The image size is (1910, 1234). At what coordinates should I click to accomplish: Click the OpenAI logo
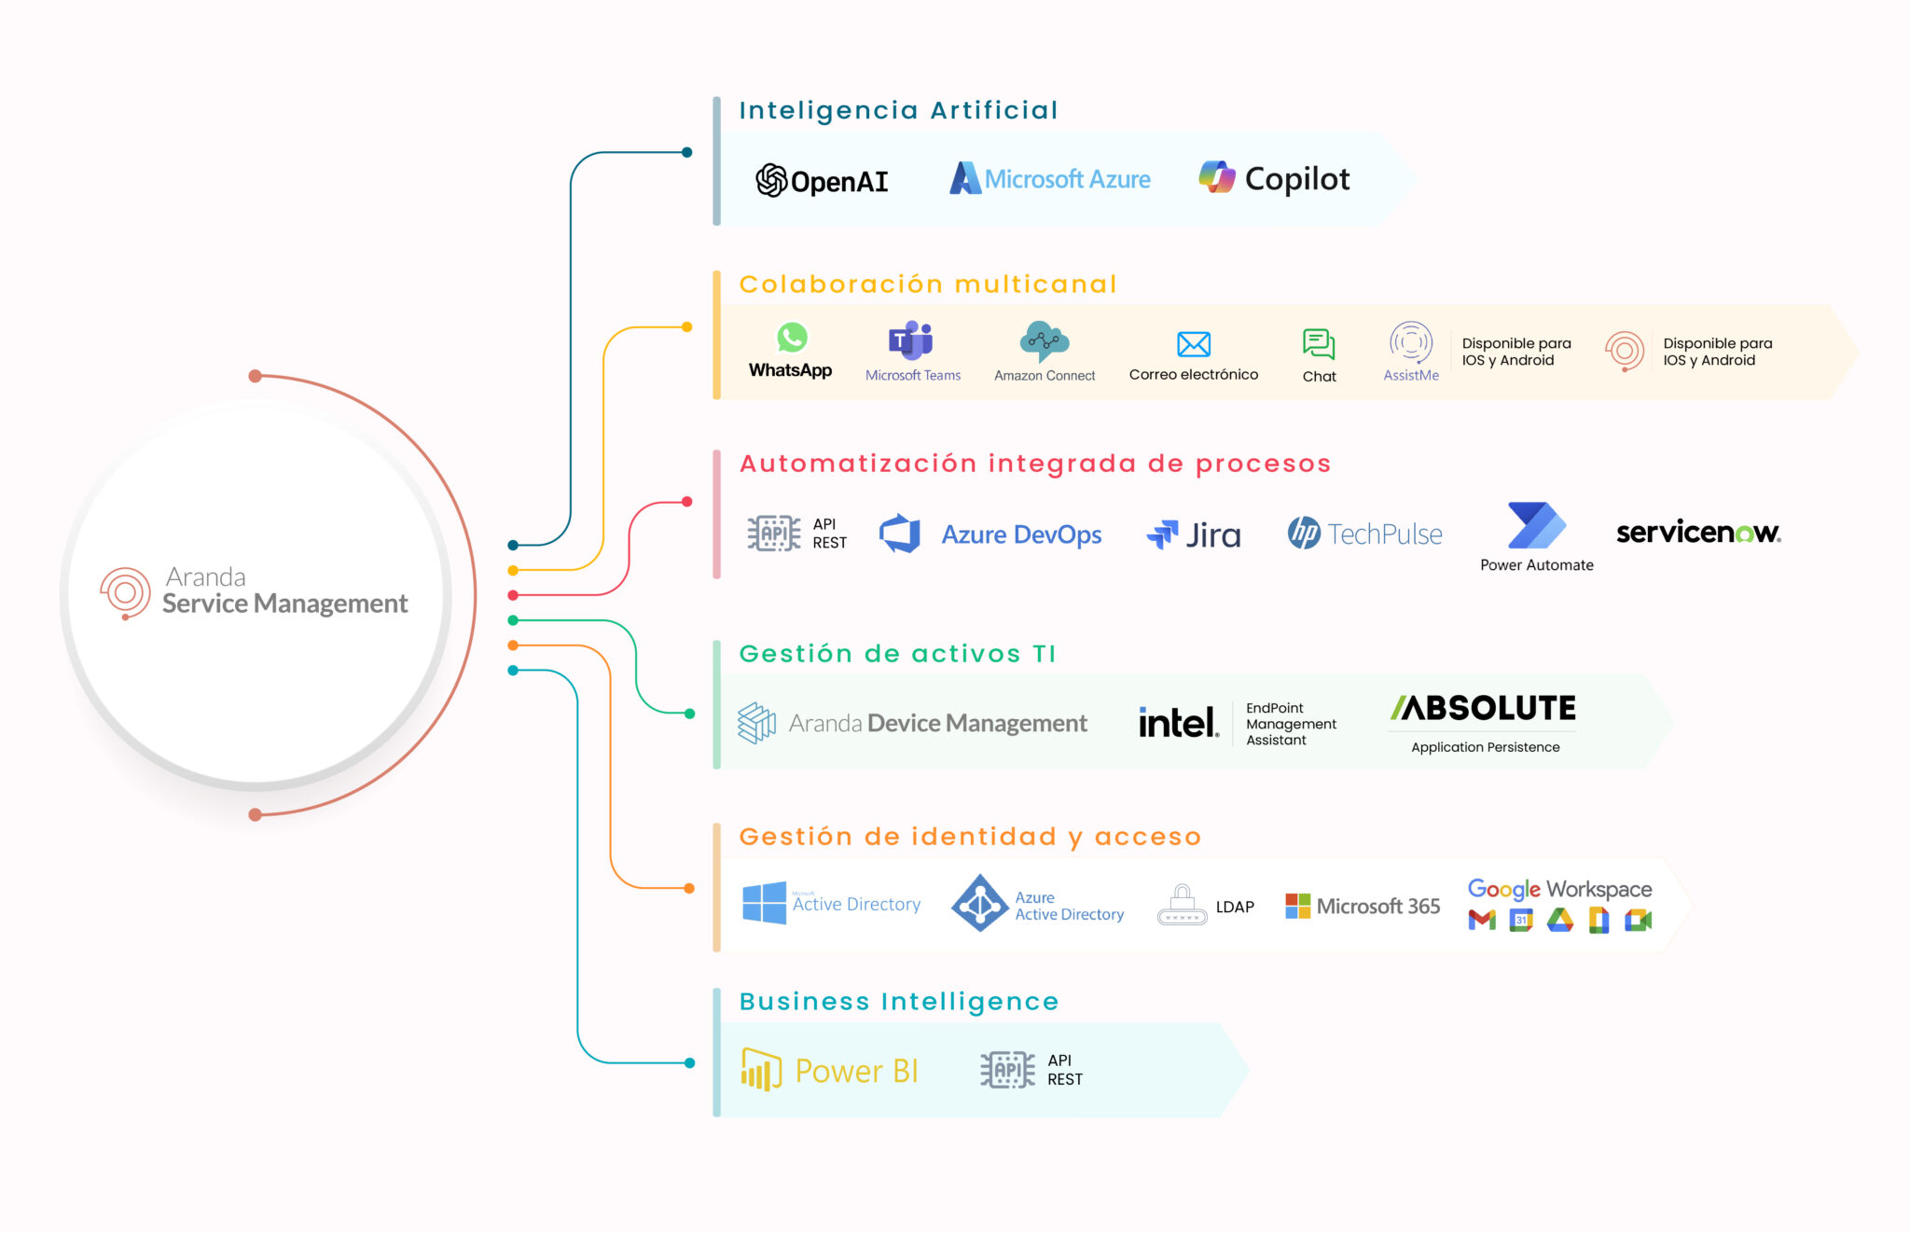coord(821,180)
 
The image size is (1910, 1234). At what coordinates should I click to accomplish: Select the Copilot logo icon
coord(1217,177)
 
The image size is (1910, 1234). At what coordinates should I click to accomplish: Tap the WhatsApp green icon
coord(792,338)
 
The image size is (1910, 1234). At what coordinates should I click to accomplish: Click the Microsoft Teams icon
coord(911,340)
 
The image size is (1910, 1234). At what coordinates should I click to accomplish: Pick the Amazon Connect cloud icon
coord(1044,340)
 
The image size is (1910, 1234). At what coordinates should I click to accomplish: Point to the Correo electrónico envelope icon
coord(1193,344)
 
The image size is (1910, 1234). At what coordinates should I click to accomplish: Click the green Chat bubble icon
coord(1319,344)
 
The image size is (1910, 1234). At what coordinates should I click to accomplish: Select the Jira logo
coord(1194,534)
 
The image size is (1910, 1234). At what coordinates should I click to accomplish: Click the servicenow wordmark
coord(1697,532)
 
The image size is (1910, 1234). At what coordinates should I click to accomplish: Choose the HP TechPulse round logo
coord(1304,533)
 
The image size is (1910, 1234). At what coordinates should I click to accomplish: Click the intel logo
coord(1178,723)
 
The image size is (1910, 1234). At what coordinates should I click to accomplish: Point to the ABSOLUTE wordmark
coord(1484,708)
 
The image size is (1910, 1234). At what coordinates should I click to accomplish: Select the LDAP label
coord(1235,907)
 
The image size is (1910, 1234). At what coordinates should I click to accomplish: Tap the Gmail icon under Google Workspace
coord(1482,921)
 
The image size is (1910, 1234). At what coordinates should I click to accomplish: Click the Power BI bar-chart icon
coord(761,1069)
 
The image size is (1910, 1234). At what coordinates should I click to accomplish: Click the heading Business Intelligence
coord(899,1002)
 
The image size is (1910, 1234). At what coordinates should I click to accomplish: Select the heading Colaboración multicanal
coord(928,284)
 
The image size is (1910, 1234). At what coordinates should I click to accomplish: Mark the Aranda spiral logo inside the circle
coord(126,592)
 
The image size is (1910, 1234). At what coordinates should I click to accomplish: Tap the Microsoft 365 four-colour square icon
coord(1297,906)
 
